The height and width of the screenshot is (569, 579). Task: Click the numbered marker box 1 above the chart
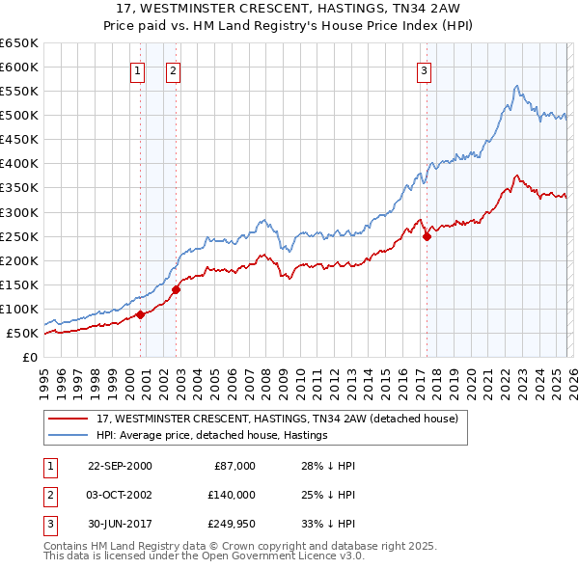137,69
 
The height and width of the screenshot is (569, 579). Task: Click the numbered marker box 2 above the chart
173,69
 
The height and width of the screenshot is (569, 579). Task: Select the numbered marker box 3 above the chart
424,69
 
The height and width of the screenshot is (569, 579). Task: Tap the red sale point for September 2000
140,314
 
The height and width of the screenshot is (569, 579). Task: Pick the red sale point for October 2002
176,288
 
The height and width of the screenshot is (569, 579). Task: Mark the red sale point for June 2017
427,235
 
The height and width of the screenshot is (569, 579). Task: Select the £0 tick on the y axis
29,357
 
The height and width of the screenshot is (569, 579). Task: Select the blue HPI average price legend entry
212,436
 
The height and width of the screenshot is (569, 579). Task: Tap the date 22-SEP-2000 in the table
120,466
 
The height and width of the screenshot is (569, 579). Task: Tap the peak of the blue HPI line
517,86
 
